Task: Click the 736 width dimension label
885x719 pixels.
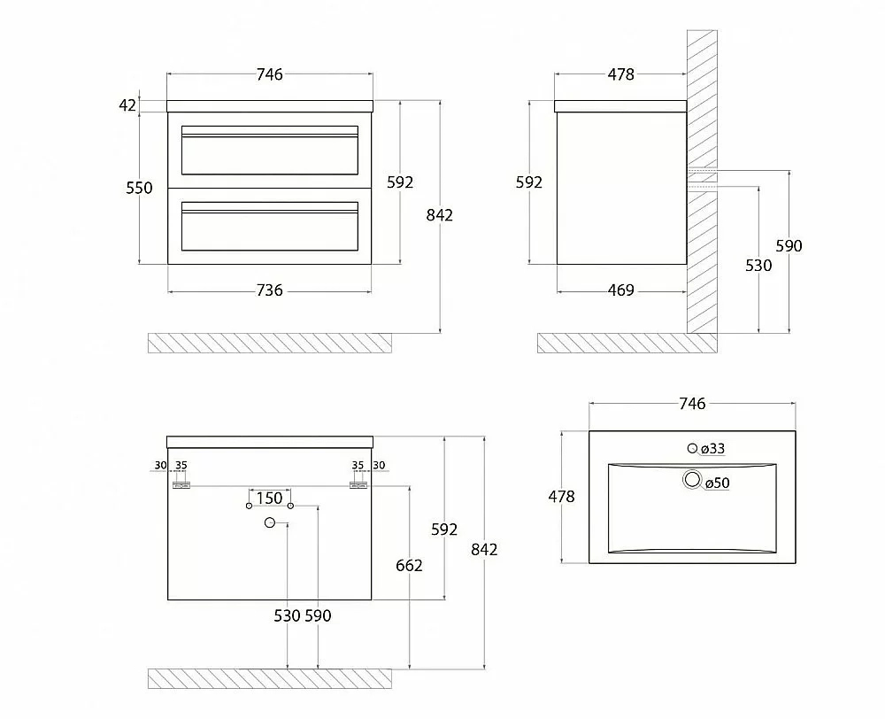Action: coord(269,290)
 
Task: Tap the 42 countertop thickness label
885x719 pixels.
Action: coord(127,105)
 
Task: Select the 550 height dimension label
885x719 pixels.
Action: coord(139,188)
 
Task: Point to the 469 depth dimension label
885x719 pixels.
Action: coord(621,290)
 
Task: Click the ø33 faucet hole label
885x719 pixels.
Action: coord(712,448)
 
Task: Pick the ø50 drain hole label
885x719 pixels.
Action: coord(718,483)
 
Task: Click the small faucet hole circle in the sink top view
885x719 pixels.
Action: coord(693,448)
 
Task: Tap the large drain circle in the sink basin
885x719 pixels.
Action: coord(692,480)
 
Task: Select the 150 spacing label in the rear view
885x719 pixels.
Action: coord(269,499)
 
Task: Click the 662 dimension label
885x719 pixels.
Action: coord(409,566)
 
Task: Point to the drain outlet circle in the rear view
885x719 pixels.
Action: coord(270,523)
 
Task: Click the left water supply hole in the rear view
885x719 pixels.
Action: coord(249,506)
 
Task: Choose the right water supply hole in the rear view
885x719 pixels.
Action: coord(290,506)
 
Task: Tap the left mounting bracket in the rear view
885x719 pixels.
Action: coord(181,485)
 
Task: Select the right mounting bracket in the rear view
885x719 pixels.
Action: coord(358,485)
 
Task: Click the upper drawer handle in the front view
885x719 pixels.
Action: coord(269,136)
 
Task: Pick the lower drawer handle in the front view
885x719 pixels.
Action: coord(269,212)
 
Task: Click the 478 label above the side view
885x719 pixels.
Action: coord(621,74)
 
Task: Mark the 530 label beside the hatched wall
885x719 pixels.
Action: coord(758,265)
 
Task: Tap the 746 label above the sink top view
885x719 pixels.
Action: coord(692,403)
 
